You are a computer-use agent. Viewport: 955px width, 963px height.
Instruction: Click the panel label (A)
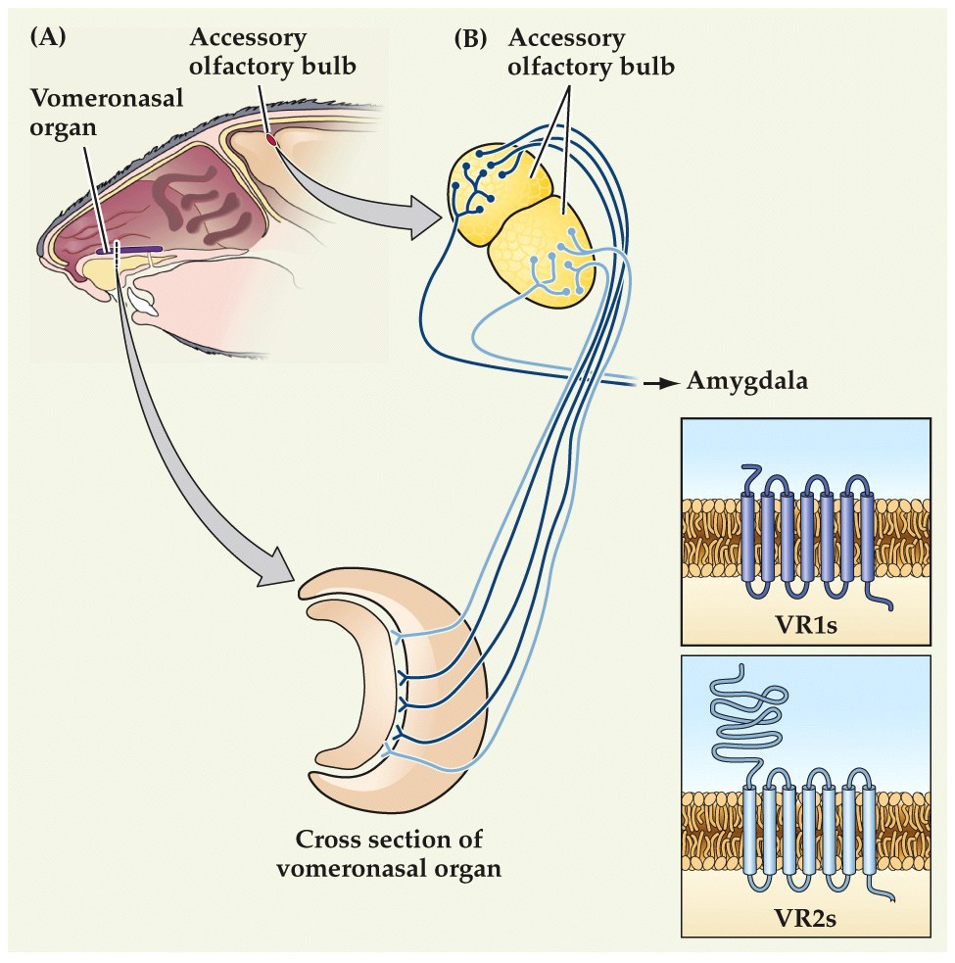[x=49, y=38]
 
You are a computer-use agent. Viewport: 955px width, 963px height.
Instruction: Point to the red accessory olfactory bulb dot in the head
[x=271, y=143]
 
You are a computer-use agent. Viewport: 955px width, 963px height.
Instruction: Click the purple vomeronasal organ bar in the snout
[x=131, y=250]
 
